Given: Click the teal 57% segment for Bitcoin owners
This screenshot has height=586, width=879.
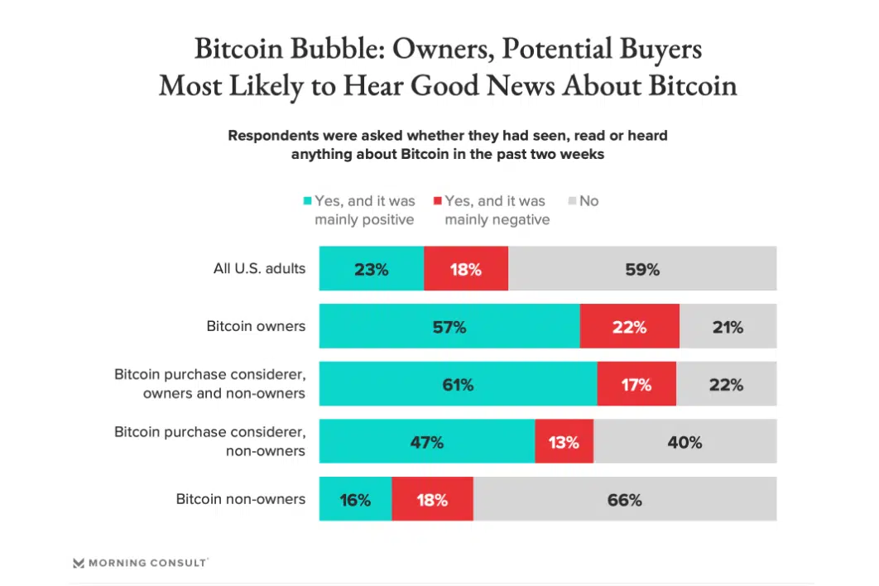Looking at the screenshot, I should (449, 326).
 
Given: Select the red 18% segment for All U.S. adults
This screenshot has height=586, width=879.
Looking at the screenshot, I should (466, 268).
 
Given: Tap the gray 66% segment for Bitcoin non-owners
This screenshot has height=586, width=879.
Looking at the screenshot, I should (625, 499).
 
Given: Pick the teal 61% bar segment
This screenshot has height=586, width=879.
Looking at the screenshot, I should (458, 384).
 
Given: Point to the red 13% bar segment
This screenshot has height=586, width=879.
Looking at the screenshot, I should (564, 441).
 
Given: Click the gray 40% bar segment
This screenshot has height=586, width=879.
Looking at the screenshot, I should (684, 441).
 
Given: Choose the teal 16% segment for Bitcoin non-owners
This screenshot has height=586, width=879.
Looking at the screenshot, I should (355, 499).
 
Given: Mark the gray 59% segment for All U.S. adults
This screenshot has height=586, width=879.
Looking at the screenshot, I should (642, 268).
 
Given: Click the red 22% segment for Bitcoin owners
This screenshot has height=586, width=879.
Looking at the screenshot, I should (629, 326).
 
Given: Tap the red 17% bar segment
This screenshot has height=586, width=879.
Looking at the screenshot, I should (636, 384).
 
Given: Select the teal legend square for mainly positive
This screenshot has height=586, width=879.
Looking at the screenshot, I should (308, 201).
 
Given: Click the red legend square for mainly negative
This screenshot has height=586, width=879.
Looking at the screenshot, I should (438, 201).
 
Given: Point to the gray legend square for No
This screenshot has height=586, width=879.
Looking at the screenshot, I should (572, 201).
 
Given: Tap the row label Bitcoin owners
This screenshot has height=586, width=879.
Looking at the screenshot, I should (256, 326).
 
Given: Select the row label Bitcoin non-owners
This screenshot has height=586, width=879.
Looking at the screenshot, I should (240, 499).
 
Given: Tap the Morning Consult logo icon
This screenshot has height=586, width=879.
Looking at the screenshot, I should (79, 563).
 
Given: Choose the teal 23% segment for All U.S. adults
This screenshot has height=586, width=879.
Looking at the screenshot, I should (372, 268).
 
